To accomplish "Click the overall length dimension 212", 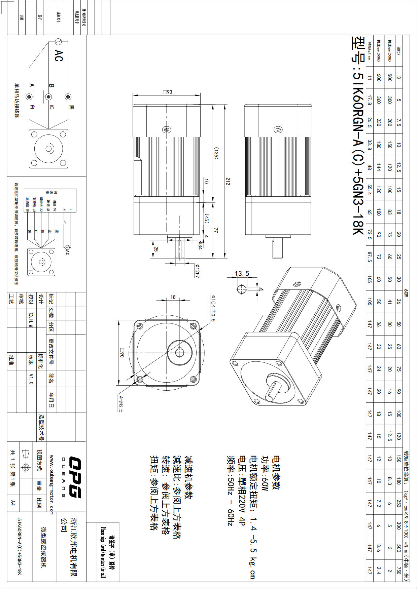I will [228, 182].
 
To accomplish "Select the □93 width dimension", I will [167, 92].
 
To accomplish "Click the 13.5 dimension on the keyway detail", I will [242, 273].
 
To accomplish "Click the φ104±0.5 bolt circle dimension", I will [213, 308].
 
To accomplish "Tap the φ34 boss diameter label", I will [200, 245].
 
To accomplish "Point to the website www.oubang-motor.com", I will [51, 484].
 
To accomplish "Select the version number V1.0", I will [31, 378].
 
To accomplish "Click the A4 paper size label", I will [13, 503].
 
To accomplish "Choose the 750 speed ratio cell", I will [398, 571].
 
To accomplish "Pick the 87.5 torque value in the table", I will [369, 257].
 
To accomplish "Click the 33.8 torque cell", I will [369, 145].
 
